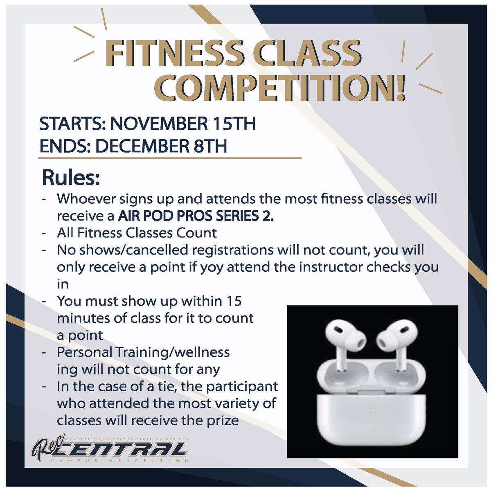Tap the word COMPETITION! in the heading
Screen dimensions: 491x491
coord(282,88)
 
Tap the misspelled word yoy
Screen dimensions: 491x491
coord(212,267)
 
